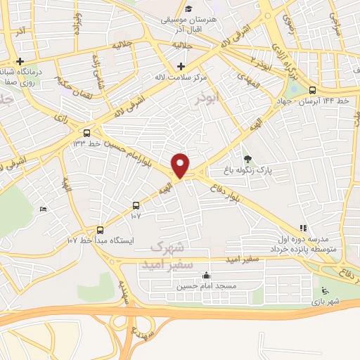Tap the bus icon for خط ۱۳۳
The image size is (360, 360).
pos(86,132)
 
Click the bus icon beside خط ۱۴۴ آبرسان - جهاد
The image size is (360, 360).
pos(313,89)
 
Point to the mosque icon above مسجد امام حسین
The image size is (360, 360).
pos(205,276)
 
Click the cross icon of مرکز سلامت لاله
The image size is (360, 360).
pos(181,66)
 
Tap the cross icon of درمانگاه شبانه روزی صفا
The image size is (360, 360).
pos(20,62)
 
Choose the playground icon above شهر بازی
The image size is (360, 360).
pos(323,291)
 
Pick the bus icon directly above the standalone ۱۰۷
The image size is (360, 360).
pos(136,206)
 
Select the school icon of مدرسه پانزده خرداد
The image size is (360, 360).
pos(303,228)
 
